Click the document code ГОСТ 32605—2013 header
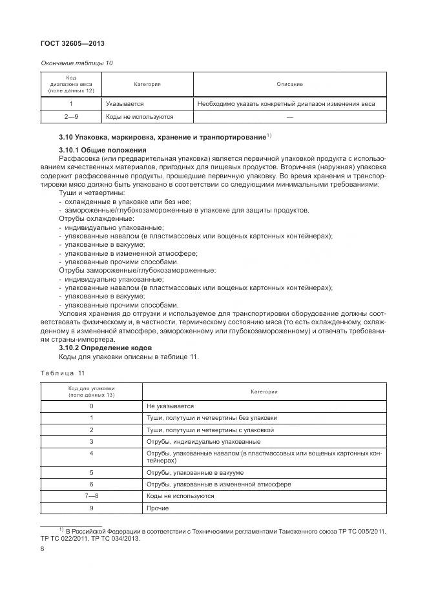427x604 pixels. coord(72,44)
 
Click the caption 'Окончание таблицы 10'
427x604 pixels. coord(76,63)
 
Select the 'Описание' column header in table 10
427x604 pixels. coord(289,84)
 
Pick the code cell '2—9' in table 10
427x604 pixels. coord(70,117)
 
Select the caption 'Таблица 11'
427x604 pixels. coord(63,373)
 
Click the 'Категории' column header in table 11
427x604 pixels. coord(264,391)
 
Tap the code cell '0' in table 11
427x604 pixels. coord(91,406)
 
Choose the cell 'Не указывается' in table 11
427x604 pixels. coord(171,406)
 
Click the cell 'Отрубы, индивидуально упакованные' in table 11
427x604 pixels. coord(203,442)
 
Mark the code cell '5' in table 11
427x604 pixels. coord(91,472)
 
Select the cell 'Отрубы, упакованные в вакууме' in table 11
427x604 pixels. coord(194,472)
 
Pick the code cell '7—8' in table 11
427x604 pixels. coord(91,496)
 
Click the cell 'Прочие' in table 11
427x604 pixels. coord(158,508)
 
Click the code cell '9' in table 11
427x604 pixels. coord(91,508)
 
